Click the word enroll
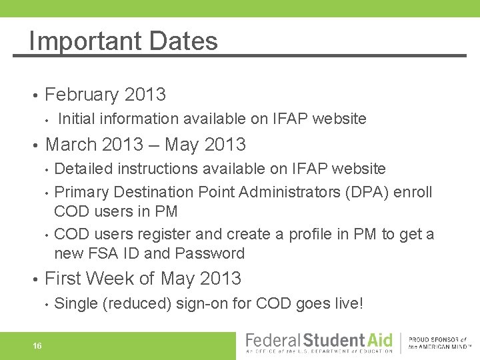point(413,193)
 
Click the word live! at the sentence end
point(347,304)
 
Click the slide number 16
point(37,345)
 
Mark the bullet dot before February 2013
point(33,95)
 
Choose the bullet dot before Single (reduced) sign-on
point(46,305)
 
